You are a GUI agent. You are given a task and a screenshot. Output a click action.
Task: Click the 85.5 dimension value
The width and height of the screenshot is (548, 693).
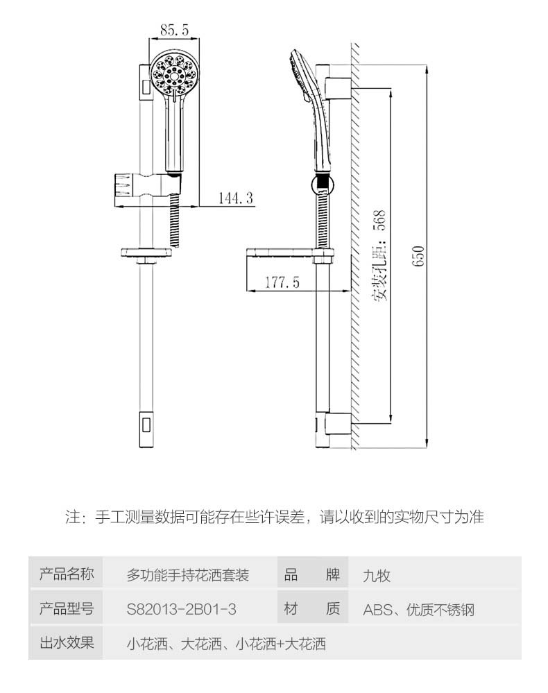[x=175, y=30]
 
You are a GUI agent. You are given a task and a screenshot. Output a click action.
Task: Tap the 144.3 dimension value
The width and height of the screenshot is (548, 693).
[x=236, y=198]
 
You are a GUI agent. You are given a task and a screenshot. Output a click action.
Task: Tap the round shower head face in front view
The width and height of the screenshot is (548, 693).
[x=173, y=74]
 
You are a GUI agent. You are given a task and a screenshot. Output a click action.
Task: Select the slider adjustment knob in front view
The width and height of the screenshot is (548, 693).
[x=123, y=188]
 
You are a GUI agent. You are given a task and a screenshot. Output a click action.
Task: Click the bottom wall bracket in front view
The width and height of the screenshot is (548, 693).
[x=147, y=423]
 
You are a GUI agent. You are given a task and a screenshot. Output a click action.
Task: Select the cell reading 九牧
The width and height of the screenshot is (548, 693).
[x=377, y=575]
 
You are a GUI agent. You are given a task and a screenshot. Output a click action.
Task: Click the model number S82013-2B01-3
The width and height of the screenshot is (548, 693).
[x=182, y=609]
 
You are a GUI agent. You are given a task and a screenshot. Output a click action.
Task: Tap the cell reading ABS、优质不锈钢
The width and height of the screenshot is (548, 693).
[x=418, y=610]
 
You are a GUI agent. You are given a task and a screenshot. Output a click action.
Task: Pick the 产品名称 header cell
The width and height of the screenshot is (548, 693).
[x=66, y=574]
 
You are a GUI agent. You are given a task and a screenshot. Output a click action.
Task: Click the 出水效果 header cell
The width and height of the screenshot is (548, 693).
[x=66, y=643]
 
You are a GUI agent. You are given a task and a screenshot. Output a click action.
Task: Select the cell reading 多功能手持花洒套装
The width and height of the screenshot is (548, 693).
[x=187, y=575]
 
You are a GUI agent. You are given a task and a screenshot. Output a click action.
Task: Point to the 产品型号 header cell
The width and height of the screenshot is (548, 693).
[x=66, y=609]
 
